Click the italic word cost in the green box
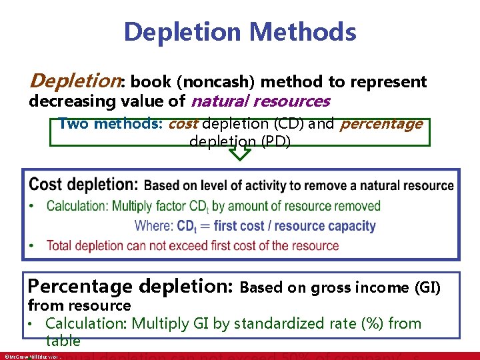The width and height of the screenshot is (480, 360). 183,124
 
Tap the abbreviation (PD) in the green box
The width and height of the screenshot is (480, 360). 277,141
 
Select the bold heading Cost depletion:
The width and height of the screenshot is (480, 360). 84,184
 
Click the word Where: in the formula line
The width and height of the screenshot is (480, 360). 155,226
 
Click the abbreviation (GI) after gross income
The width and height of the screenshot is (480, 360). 427,288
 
